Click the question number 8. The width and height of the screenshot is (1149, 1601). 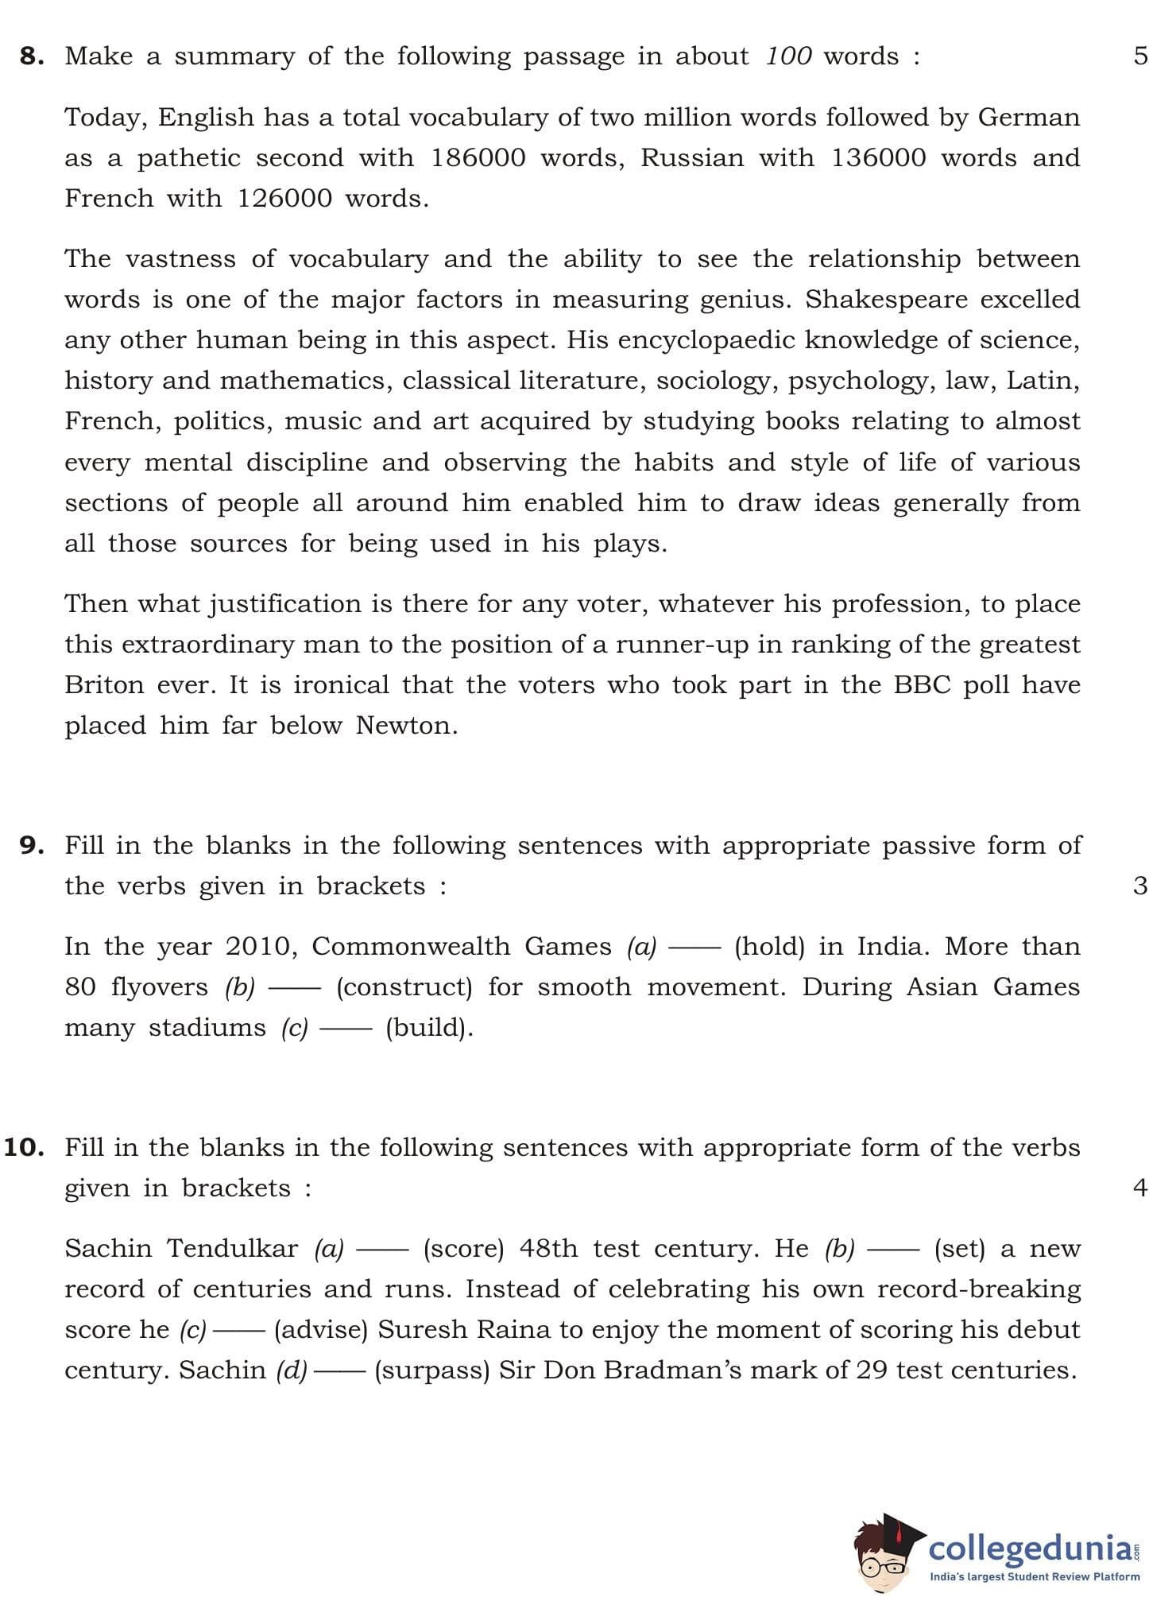(x=31, y=56)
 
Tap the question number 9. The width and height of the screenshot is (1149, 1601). (x=31, y=845)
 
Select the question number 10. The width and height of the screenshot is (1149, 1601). (x=24, y=1147)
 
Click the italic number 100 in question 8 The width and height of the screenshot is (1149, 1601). (x=788, y=56)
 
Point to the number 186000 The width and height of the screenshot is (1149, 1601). (x=478, y=157)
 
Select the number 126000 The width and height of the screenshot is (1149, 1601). (x=284, y=198)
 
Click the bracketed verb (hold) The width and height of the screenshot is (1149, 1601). (x=769, y=947)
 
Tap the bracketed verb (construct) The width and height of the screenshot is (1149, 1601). (x=404, y=987)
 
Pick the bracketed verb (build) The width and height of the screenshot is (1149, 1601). (x=429, y=1028)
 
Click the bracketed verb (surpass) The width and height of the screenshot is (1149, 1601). (x=431, y=1370)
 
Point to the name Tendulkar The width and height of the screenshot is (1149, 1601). (x=232, y=1249)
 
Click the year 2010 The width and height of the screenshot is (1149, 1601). (x=261, y=947)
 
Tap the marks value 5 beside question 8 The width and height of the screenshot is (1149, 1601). (x=1140, y=56)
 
